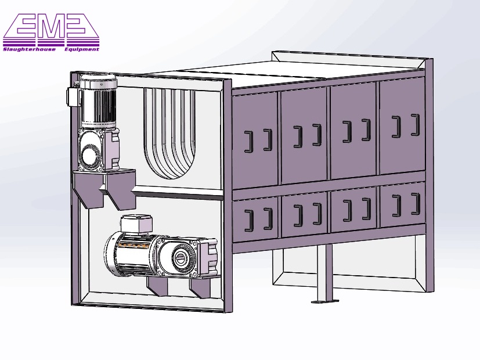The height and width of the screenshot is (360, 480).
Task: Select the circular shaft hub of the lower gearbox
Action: tap(182, 258)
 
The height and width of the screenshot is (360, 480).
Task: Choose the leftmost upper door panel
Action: tap(255, 139)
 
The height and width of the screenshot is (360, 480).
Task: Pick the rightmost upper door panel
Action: tap(402, 125)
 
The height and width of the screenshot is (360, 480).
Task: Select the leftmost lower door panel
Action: tap(256, 218)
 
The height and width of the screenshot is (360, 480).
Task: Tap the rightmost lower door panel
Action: tap(402, 204)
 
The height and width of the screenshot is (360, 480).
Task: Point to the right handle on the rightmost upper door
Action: tap(415, 125)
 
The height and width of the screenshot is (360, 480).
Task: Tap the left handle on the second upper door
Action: tap(297, 136)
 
